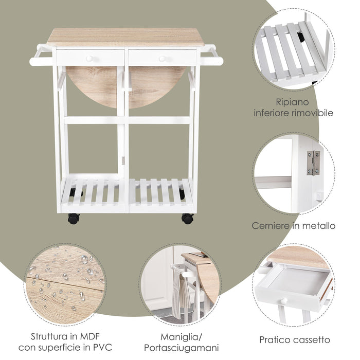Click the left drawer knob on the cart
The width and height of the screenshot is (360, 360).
(90, 58)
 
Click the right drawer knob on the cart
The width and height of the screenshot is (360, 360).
(162, 58)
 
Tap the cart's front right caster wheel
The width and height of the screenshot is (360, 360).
(187, 218)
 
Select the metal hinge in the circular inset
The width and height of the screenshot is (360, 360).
(313, 163)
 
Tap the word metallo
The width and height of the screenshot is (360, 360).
(320, 226)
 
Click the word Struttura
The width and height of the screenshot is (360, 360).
(47, 337)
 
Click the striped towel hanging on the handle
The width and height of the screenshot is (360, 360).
(178, 293)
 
